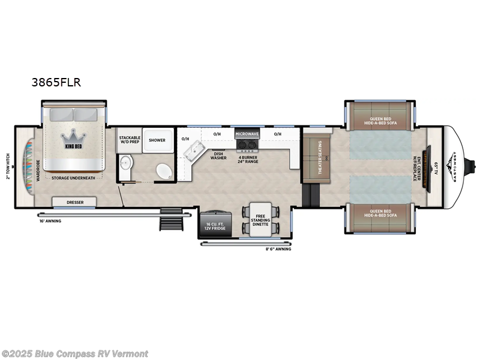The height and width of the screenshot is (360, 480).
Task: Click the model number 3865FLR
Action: (x=56, y=84)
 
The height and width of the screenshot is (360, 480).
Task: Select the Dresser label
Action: (x=75, y=202)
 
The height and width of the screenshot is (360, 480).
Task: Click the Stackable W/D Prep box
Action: (x=129, y=140)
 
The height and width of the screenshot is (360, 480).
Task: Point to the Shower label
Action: (x=157, y=140)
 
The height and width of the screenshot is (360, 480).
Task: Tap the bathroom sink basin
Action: (x=125, y=163)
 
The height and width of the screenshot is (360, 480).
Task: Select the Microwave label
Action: (x=246, y=134)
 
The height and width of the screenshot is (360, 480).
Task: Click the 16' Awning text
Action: (x=50, y=221)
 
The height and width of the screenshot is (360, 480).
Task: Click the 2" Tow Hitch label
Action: (x=8, y=163)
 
